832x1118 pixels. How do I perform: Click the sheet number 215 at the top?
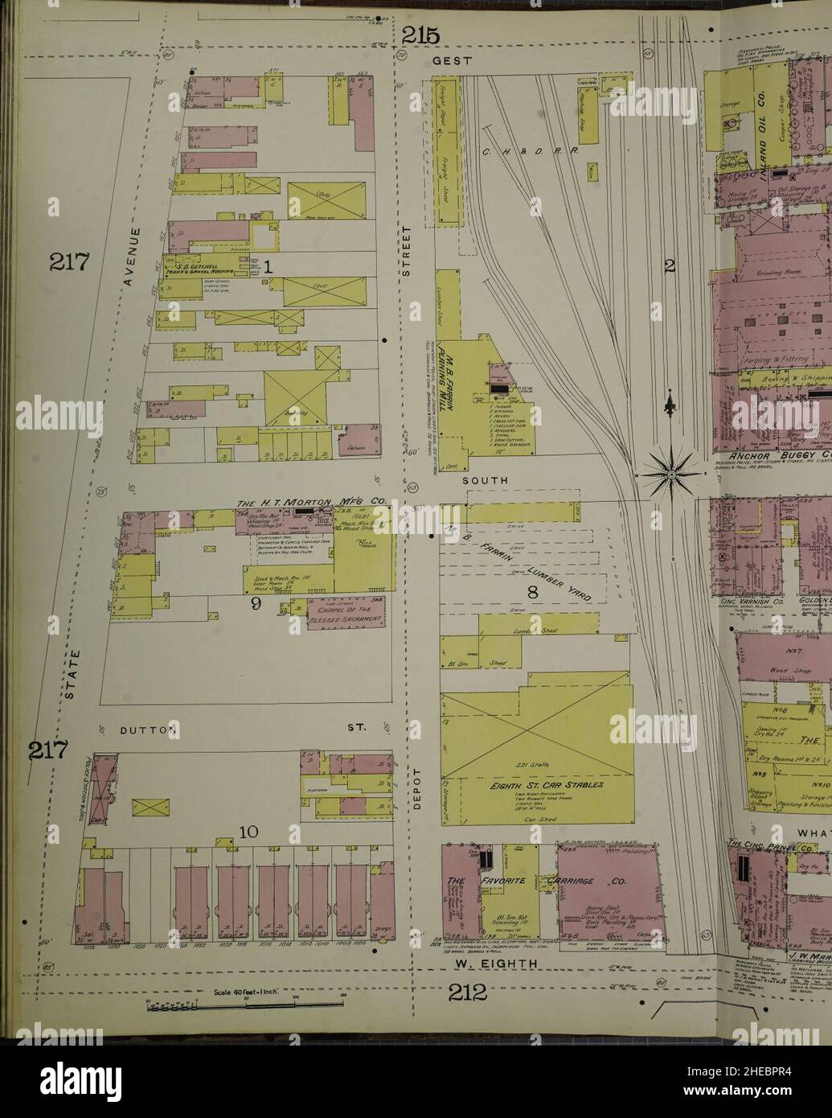pyautogui.click(x=421, y=35)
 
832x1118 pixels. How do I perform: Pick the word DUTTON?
pyautogui.click(x=148, y=730)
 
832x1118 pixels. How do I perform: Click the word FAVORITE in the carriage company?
pyautogui.click(x=504, y=880)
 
